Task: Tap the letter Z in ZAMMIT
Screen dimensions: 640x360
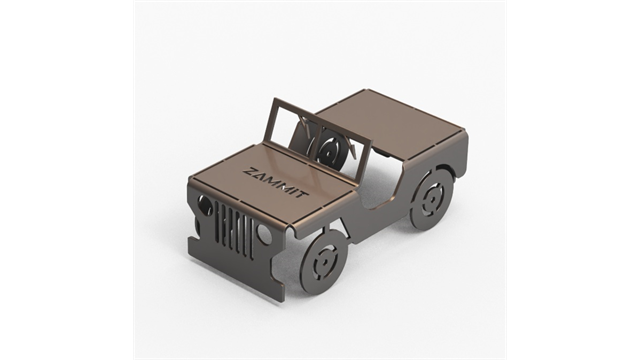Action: (248, 171)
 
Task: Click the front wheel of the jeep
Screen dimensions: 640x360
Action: (325, 261)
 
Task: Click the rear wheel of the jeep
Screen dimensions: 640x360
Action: (431, 200)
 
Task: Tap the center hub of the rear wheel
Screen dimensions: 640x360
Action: (431, 200)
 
